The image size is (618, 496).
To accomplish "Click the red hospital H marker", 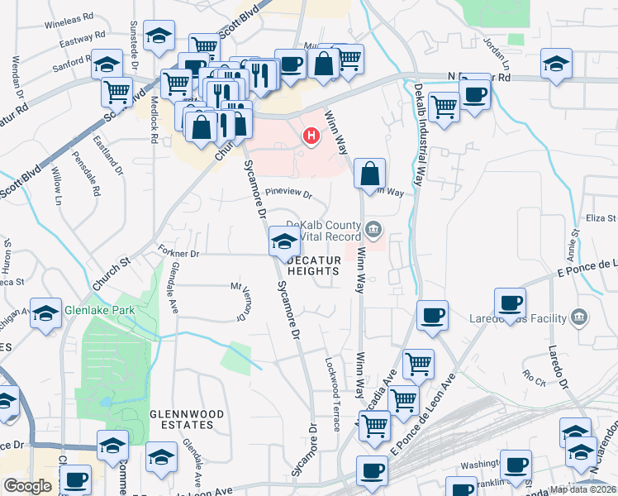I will point(311,136).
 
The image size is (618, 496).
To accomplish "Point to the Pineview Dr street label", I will point(289,196).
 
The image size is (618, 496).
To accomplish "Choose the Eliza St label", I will point(601,218).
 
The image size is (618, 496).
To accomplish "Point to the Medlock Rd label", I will point(154,121).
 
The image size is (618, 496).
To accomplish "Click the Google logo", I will point(27,486).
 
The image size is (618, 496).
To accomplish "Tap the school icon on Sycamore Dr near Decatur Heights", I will point(284,241).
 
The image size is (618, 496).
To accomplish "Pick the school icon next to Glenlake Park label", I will point(46,312).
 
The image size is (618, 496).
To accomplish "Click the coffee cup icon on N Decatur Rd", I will point(474,95).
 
